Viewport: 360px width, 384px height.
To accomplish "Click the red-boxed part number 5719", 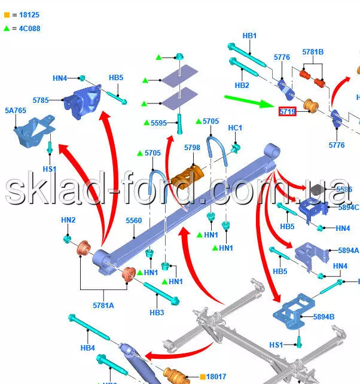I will (x=288, y=111).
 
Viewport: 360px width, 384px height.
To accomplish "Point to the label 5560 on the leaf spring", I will (x=134, y=221).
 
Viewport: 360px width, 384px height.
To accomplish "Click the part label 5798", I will (x=192, y=147).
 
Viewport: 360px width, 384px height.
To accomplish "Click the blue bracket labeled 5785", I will (x=88, y=103).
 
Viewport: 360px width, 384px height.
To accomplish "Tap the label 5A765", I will (x=16, y=111).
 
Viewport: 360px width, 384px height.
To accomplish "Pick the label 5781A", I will (x=103, y=306).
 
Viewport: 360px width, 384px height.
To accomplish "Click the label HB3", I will (x=157, y=312).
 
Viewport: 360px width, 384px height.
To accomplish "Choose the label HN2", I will (x=68, y=220).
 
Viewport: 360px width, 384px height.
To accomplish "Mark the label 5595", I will (x=158, y=123).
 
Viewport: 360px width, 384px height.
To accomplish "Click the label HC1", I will (x=235, y=128).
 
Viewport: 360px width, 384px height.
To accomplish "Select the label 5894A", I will (x=348, y=251).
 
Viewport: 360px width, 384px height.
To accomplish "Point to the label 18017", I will (x=216, y=376).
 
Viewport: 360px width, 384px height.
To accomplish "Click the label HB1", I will (x=249, y=36).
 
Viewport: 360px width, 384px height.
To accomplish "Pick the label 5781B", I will (x=313, y=52).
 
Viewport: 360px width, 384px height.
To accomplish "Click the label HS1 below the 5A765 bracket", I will (x=50, y=169).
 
